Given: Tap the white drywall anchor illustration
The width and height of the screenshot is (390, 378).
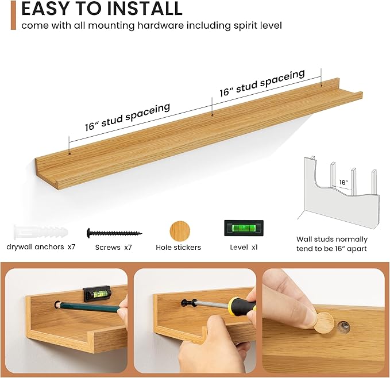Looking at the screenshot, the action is tap(41, 232).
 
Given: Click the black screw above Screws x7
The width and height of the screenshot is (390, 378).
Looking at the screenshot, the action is tap(114, 233).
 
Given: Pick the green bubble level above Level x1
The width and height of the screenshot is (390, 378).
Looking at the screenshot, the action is tap(244, 228).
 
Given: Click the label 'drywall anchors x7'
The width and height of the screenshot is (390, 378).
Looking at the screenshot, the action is tap(41, 247).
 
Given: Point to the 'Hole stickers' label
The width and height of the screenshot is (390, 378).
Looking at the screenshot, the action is tap(178, 248).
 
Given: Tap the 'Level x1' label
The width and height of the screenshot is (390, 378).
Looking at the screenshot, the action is tap(244, 247).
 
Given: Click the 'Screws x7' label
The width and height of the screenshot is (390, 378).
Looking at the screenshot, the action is tap(113, 248).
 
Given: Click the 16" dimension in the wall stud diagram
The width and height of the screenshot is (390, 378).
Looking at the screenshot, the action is tap(343, 182).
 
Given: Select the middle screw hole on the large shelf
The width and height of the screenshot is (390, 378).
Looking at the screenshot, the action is tap(212, 115).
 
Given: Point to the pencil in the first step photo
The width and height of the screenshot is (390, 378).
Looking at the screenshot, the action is tap(90, 307).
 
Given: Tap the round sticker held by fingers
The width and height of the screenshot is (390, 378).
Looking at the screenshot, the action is tap(323, 323).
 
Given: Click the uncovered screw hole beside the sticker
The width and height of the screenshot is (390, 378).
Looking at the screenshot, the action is tap(344, 327).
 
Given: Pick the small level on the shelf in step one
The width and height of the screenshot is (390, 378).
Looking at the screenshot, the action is tap(97, 294).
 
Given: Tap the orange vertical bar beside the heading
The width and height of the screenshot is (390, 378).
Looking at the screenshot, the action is tap(13, 15).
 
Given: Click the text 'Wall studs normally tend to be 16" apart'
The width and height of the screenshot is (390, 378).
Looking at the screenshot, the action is tap(332, 244).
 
